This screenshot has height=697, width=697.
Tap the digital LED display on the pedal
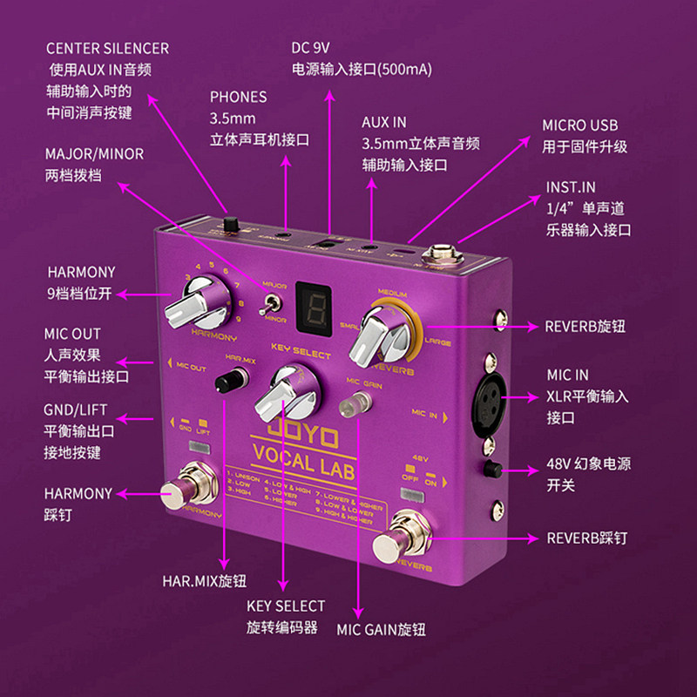coord(315,308)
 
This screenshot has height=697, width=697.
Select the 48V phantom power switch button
coord(493,469)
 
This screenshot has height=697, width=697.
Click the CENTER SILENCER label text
coord(107,48)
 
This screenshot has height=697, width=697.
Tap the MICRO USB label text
coord(579,125)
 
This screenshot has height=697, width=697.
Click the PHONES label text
coord(238,97)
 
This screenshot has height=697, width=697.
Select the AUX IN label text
coord(383,122)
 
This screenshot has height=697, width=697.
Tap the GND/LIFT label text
coord(78,410)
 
